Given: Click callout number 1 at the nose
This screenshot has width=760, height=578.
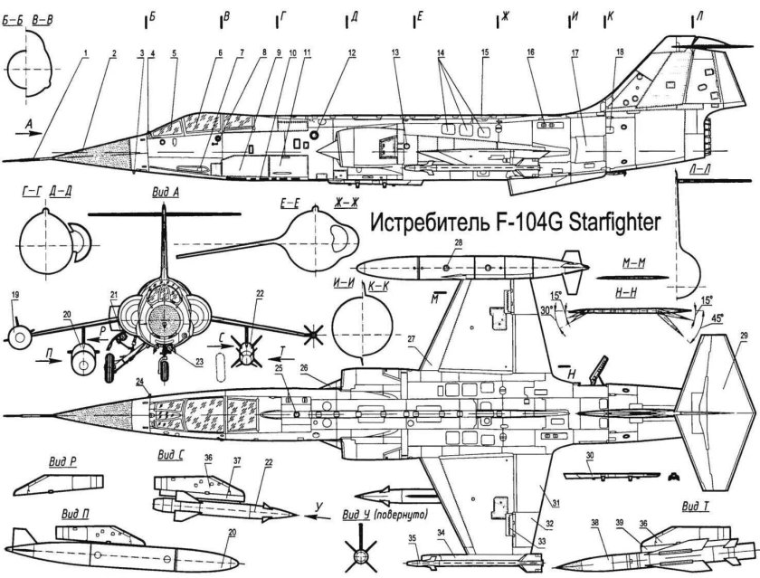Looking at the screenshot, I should tap(83, 53).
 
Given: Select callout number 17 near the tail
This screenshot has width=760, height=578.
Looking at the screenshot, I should tap(575, 53).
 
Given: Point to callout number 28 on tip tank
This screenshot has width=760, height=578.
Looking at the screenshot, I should tap(459, 244).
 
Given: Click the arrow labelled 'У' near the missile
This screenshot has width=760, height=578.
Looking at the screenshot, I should tap(318, 507).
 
